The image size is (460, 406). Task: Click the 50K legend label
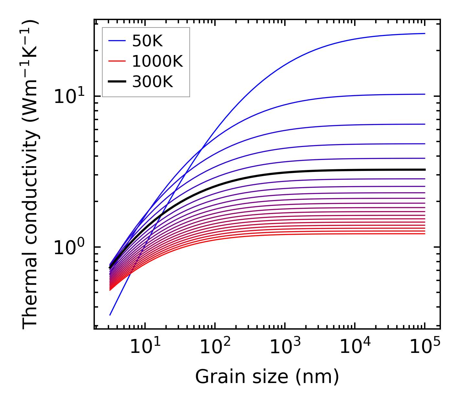tap(147, 41)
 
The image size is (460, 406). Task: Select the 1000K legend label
tap(157, 61)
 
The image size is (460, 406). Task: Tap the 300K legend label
tap(152, 82)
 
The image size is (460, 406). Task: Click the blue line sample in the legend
tap(117, 41)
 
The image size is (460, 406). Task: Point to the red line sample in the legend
tap(117, 61)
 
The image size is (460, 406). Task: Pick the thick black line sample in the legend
tap(117, 82)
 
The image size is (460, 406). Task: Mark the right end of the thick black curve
tap(424, 170)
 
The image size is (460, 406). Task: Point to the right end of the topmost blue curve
tap(424, 33)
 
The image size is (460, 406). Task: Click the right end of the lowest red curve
tap(424, 234)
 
